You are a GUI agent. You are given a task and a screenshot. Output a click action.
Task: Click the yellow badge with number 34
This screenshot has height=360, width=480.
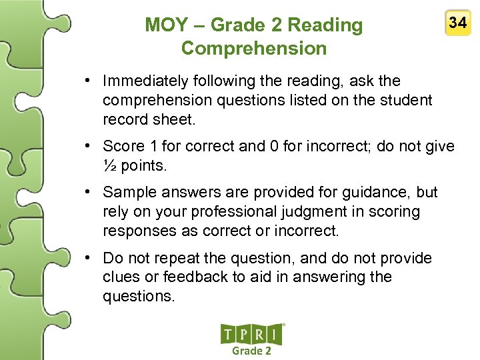pyautogui.click(x=457, y=24)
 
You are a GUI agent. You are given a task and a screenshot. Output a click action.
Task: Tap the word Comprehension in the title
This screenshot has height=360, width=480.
pyautogui.click(x=254, y=49)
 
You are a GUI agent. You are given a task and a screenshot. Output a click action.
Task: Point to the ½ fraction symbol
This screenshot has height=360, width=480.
pyautogui.click(x=109, y=165)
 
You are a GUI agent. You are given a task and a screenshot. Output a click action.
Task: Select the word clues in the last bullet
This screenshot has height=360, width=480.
pyautogui.click(x=121, y=277)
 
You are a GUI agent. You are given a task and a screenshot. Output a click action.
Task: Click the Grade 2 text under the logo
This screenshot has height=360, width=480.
pyautogui.click(x=251, y=351)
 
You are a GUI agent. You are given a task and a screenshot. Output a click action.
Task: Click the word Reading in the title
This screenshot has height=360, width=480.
pyautogui.click(x=324, y=25)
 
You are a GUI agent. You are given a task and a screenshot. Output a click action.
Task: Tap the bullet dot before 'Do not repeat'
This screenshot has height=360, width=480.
pyautogui.click(x=89, y=258)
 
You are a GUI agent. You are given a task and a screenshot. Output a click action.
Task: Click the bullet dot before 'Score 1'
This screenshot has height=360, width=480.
pyautogui.click(x=89, y=147)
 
